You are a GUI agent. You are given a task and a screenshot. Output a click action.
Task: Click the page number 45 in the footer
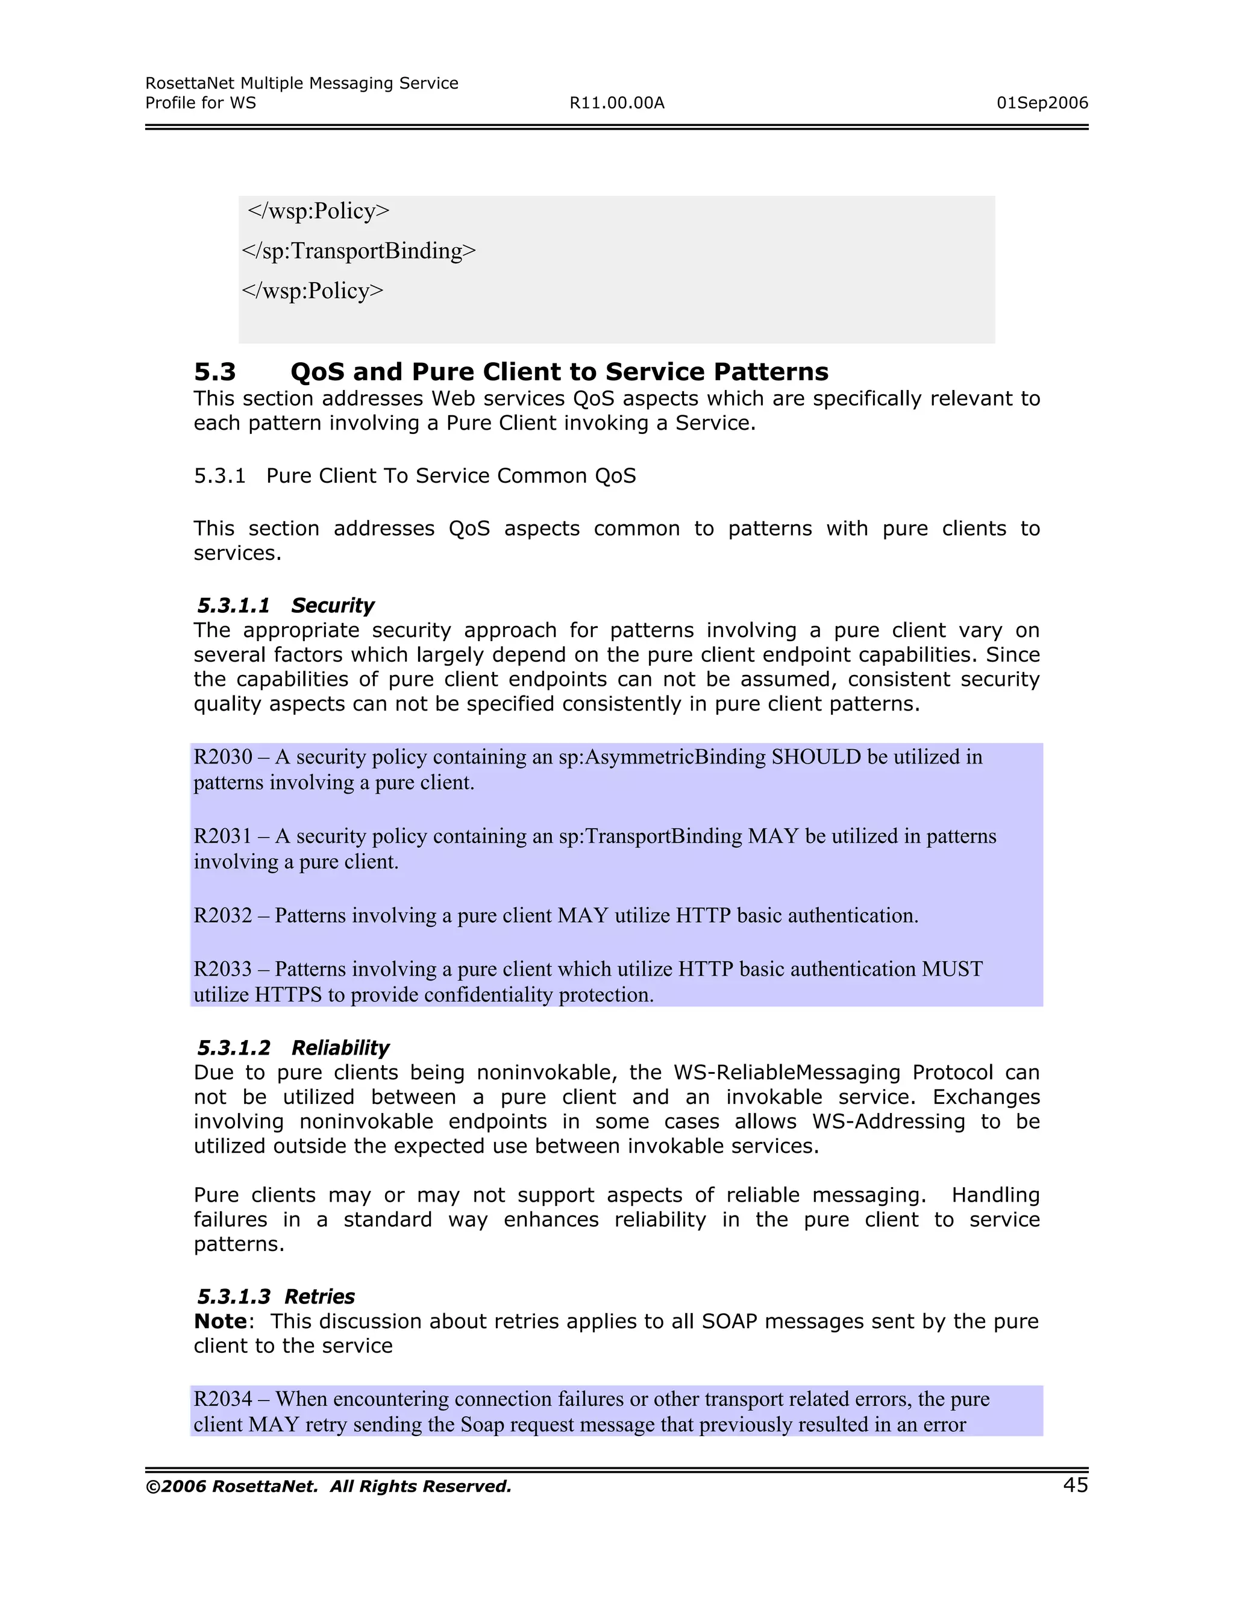pyautogui.click(x=1075, y=1485)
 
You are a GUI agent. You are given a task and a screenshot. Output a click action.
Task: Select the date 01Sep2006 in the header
pyautogui.click(x=1042, y=103)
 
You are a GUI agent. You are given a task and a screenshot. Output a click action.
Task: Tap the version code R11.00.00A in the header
pyautogui.click(x=616, y=103)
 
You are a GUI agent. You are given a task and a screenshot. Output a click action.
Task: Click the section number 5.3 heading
pyautogui.click(x=215, y=372)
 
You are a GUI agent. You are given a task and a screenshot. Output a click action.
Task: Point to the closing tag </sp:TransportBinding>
pyautogui.click(x=359, y=251)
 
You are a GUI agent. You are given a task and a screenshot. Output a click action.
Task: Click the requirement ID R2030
pyautogui.click(x=222, y=757)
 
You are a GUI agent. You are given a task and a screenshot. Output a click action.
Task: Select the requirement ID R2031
pyautogui.click(x=222, y=836)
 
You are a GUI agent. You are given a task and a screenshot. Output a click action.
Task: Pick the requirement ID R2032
pyautogui.click(x=222, y=915)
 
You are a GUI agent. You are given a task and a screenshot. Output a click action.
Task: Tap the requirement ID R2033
pyautogui.click(x=222, y=969)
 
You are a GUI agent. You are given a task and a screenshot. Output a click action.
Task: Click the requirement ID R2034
pyautogui.click(x=222, y=1399)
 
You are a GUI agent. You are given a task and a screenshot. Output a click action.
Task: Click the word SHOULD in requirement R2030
pyautogui.click(x=816, y=757)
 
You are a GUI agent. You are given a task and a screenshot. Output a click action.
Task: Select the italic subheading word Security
pyautogui.click(x=332, y=606)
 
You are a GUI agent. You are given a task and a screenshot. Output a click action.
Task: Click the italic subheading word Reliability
pyautogui.click(x=340, y=1048)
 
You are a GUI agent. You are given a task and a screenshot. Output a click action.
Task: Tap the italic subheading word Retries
pyautogui.click(x=319, y=1296)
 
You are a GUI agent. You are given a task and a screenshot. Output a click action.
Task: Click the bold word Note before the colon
pyautogui.click(x=220, y=1322)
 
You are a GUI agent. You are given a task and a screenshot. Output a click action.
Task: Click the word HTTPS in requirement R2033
pyautogui.click(x=288, y=995)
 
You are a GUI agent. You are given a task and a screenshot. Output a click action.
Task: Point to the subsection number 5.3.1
pyautogui.click(x=219, y=476)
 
